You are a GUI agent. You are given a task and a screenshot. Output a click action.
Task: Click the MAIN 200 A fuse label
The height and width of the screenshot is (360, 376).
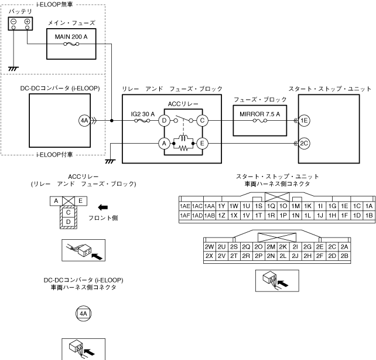[71, 36]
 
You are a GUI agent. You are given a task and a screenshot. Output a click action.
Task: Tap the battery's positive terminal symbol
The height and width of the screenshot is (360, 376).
[27, 22]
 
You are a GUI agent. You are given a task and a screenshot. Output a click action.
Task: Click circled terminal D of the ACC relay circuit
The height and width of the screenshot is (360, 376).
[165, 121]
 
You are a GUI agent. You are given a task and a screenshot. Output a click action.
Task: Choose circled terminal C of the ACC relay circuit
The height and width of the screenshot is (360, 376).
[202, 121]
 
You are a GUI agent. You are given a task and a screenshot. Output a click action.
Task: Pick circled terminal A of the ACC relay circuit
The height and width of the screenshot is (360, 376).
[165, 143]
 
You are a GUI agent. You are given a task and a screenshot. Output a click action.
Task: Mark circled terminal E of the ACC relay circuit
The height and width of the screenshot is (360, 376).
[202, 143]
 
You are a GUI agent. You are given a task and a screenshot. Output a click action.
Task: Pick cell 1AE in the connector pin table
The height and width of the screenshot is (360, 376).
[185, 206]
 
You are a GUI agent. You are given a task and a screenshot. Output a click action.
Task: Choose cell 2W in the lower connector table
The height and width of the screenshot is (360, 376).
[208, 247]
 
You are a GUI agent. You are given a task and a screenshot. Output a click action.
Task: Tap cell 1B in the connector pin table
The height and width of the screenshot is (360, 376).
[368, 215]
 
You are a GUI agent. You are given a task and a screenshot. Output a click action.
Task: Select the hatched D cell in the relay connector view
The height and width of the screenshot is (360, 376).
[69, 222]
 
